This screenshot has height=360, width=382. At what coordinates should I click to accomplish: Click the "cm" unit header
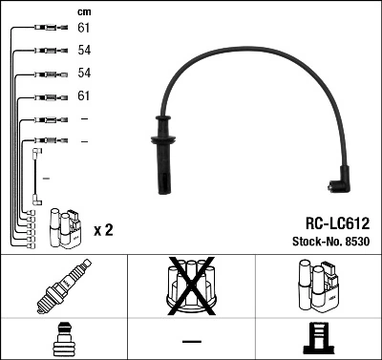(83, 11)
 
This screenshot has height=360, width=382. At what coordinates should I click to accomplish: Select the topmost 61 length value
(84, 28)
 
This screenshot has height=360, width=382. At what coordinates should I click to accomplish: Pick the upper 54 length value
(84, 50)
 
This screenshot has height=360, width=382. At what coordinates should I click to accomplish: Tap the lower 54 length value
(84, 73)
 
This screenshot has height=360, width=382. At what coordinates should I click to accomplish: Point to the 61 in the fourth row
(84, 96)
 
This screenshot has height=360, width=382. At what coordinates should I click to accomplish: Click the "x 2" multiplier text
(104, 230)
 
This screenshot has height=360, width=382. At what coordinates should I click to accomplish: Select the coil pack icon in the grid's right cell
(319, 285)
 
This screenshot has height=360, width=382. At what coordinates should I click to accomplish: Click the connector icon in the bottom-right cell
(319, 340)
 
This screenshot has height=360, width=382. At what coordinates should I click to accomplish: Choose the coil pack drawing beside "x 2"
(68, 226)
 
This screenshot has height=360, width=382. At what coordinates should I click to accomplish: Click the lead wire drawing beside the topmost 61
(43, 28)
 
